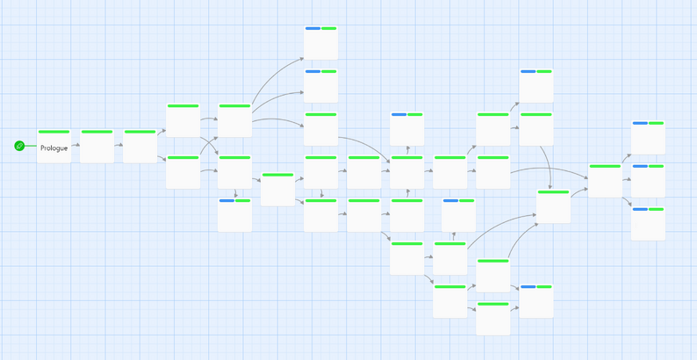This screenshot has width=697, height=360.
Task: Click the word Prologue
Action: pos(54,148)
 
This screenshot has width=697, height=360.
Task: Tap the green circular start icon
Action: pos(19,146)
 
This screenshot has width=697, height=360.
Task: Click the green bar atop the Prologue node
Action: pos(54,132)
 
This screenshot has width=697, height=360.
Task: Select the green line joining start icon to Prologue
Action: pos(31,146)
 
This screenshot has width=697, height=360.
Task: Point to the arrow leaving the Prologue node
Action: pos(75,145)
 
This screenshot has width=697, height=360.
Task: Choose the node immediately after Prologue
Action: pos(97,146)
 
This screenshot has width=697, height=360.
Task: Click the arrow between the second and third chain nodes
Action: pos(119,145)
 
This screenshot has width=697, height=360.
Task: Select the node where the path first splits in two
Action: pos(140,146)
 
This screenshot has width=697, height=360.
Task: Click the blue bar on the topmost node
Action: pos(313,28)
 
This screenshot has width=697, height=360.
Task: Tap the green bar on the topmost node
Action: pos(329,28)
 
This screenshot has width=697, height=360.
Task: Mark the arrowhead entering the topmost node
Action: pos(302,58)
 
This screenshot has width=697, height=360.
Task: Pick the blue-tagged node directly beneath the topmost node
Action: pos(321,86)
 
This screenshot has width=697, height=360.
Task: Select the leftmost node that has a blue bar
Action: pos(234,215)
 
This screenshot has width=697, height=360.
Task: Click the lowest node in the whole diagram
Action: pos(493,318)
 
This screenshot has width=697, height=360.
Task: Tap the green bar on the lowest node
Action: pos(493,304)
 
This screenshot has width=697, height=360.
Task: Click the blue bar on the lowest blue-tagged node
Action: pos(528,286)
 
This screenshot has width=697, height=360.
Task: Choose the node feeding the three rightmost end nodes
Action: pos(605,181)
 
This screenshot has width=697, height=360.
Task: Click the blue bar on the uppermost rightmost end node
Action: pos(640,123)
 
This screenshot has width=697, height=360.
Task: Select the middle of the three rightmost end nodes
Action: pos(648,181)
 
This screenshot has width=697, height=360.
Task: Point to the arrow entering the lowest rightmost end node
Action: pos(626,201)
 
